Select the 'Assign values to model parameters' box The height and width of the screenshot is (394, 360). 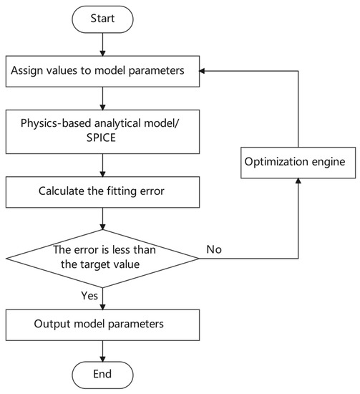103,72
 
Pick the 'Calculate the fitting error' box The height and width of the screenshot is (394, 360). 103,192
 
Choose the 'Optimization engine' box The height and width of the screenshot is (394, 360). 296,162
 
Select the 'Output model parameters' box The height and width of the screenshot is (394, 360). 103,322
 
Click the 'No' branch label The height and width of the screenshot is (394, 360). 214,249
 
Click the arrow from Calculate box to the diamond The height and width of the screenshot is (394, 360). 103,216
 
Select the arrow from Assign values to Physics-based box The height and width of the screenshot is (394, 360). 103,97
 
